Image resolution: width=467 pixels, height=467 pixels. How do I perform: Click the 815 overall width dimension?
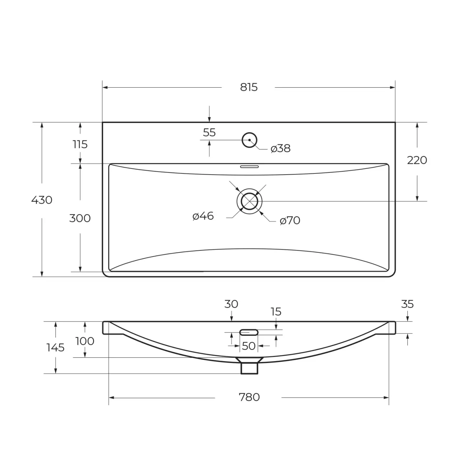[249, 87]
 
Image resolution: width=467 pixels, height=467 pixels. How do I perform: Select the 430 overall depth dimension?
[42, 200]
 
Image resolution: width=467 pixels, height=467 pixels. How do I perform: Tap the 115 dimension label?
[80, 144]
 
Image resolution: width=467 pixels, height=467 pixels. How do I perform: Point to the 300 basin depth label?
[80, 218]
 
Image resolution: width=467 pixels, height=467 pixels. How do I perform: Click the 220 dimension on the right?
[417, 160]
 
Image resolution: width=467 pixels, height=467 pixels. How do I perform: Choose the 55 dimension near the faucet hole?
[209, 133]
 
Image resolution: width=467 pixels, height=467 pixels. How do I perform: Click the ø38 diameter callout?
[281, 148]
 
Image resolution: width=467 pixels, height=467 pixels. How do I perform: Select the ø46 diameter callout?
[203, 216]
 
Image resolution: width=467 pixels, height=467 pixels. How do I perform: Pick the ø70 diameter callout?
[290, 221]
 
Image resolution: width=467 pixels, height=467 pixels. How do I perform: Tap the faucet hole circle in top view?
[250, 140]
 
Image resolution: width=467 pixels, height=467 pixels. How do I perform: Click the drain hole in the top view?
[250, 201]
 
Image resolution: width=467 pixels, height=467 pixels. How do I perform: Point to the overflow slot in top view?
[249, 167]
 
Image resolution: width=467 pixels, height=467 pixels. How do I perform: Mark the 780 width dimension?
[249, 397]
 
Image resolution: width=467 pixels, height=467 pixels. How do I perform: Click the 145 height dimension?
[55, 347]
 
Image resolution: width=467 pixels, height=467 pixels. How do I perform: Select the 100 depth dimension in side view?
[85, 341]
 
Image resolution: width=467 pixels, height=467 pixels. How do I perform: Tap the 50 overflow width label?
[249, 346]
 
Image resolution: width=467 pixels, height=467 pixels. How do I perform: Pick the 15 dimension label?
[276, 312]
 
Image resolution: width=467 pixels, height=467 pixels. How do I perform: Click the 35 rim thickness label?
[407, 304]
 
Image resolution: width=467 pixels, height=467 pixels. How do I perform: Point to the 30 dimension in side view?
[231, 304]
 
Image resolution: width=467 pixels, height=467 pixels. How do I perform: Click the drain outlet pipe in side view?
[249, 367]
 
